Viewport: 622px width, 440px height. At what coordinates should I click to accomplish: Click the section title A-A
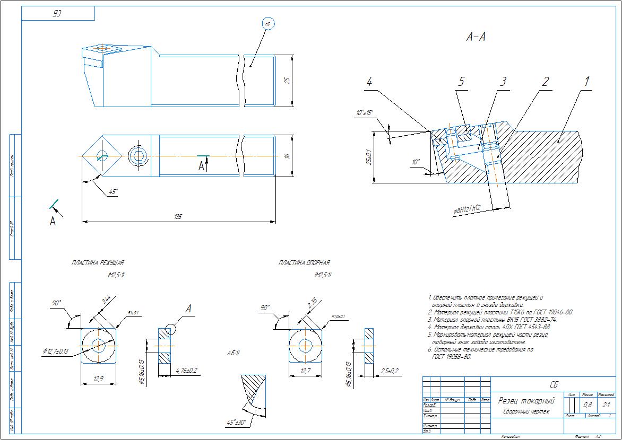476,37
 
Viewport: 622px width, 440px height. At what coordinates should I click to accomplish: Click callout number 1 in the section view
586,82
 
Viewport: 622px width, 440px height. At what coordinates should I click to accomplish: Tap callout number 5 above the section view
461,82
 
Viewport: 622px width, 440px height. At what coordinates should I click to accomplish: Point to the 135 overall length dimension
178,217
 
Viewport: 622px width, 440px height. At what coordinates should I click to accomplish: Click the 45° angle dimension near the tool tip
112,191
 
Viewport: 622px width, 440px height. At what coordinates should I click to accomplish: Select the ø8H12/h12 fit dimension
467,210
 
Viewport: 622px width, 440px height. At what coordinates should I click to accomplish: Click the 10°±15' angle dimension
365,113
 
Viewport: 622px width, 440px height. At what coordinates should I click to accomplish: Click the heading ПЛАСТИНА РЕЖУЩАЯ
98,262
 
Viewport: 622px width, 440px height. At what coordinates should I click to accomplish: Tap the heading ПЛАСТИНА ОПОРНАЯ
304,262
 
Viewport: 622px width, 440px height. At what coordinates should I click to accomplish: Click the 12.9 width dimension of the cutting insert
98,379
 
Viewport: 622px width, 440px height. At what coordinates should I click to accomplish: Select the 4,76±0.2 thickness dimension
186,370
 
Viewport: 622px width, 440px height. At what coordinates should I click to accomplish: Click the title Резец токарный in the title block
526,401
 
